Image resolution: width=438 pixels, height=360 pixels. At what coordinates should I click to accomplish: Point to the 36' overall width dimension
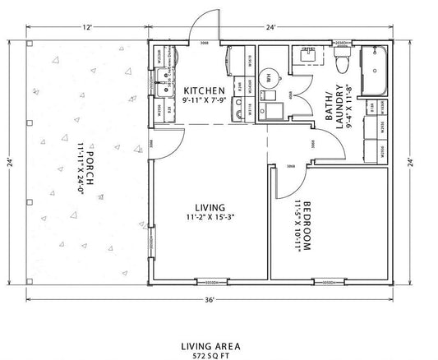click(x=211, y=299)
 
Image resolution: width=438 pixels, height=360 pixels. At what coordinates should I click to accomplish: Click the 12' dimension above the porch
click(x=86, y=27)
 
